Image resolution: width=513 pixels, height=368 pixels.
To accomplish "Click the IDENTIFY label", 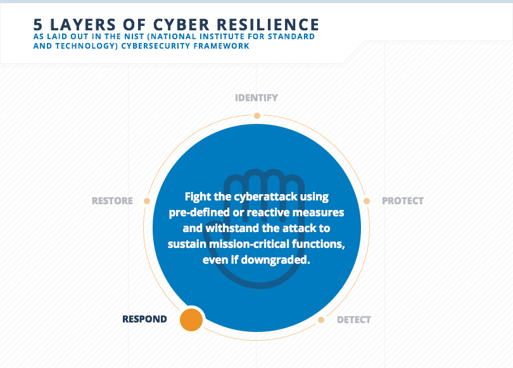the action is point(256,97).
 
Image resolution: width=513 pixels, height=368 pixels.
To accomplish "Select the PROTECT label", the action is point(403,201).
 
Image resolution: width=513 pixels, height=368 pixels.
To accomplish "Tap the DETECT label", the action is point(354,320).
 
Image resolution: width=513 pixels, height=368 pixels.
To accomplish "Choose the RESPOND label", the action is point(144,319).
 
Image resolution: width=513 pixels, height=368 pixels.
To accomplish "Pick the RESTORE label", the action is point(112,201).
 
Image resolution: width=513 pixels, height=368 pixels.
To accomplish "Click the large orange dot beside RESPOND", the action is point(191,320).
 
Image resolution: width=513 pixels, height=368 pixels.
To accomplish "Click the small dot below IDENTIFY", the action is point(257,116).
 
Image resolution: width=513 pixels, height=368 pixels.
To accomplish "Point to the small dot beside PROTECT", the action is point(367,201).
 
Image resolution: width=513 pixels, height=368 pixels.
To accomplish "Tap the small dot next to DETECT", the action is point(321,320).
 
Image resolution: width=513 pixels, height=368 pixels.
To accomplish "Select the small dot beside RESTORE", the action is point(147,201).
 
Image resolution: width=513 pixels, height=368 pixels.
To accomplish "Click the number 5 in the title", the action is point(38,25).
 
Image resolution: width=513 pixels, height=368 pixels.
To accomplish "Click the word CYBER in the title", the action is point(181,25).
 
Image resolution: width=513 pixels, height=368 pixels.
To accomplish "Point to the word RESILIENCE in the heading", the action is point(268,25).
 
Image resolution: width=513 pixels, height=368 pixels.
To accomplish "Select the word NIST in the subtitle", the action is point(133,37).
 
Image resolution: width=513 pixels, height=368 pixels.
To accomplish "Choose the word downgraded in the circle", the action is point(275,260).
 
